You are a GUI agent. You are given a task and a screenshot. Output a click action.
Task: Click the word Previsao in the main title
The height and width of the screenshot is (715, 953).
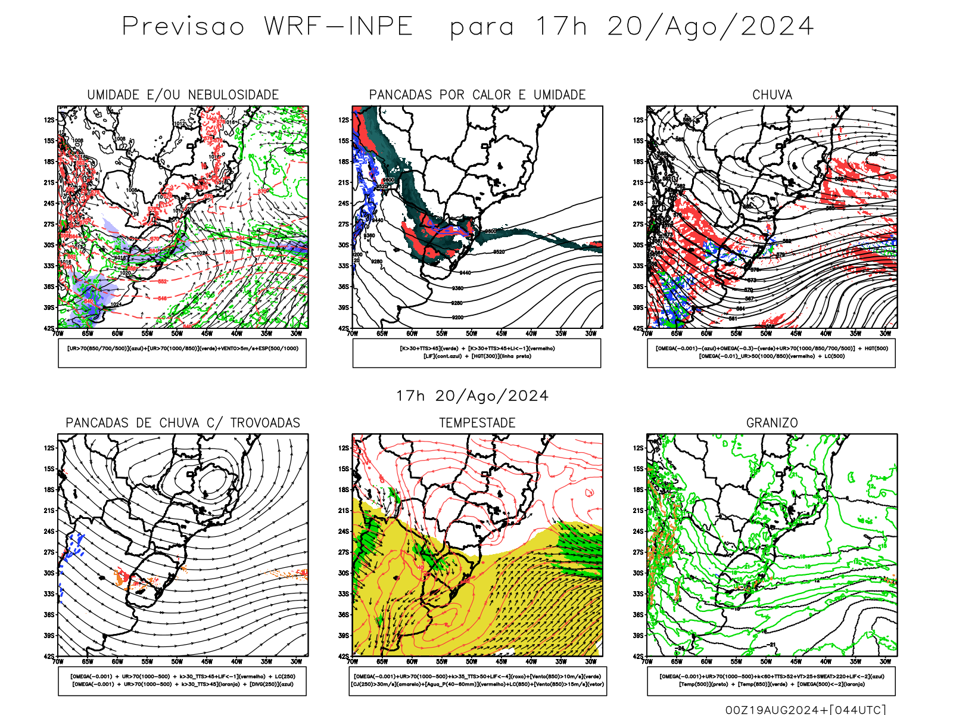point(183,27)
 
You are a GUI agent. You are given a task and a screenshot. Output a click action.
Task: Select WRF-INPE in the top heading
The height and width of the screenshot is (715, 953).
point(338,27)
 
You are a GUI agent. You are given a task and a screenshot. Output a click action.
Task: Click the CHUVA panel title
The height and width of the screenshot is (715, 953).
point(772,95)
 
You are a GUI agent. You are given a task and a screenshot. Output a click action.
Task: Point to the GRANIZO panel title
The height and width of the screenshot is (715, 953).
point(772,423)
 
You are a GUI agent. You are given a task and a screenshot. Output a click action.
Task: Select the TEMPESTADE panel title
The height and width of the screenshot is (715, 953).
point(477,423)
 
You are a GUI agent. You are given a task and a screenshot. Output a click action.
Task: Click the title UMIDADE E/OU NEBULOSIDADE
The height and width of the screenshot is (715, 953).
point(183,95)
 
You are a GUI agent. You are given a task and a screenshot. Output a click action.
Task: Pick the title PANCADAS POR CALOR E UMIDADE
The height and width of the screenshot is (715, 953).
point(477,95)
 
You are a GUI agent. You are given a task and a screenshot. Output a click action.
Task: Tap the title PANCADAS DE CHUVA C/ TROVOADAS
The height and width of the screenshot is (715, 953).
point(183,423)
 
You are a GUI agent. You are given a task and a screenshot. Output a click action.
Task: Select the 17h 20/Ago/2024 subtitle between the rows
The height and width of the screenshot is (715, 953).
point(472,396)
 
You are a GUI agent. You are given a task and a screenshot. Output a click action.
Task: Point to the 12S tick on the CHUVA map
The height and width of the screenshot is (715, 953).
point(639,120)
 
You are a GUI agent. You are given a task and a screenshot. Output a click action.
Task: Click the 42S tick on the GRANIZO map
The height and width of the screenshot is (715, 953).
point(639,657)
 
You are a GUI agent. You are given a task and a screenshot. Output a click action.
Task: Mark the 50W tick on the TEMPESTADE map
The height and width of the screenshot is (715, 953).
point(472,661)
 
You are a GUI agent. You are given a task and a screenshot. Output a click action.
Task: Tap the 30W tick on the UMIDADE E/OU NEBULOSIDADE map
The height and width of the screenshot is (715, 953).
point(296,334)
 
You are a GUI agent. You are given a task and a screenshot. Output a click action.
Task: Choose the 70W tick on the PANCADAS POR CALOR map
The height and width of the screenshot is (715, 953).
point(353,334)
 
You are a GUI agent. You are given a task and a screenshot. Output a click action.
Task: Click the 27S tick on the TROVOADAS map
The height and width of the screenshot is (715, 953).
point(49,552)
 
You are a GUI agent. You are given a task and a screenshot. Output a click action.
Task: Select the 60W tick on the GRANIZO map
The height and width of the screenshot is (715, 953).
point(706,661)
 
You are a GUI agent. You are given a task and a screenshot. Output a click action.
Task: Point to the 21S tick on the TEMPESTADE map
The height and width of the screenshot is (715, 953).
point(344,511)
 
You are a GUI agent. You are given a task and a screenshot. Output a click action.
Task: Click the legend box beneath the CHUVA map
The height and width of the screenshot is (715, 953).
point(771,353)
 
